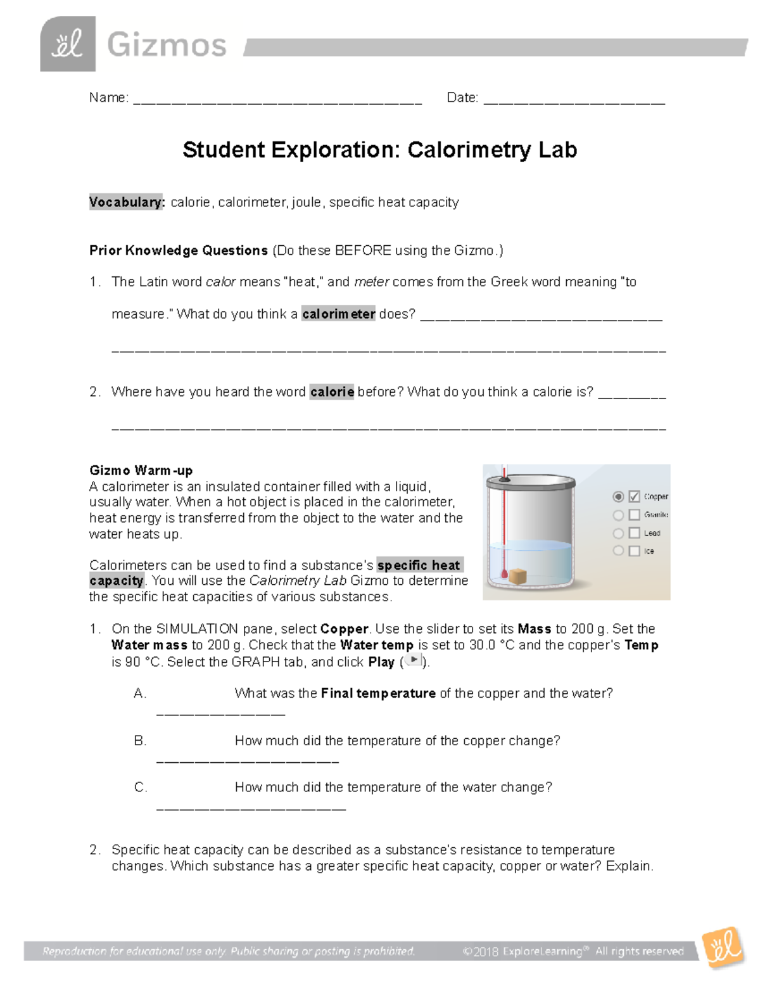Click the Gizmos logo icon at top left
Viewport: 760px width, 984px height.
[68, 44]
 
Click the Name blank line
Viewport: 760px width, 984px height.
[277, 100]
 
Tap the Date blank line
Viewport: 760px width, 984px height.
[574, 100]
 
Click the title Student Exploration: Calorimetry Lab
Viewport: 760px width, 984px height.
[379, 150]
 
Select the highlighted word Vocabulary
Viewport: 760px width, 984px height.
[127, 202]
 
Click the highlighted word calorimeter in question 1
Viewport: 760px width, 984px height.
[338, 314]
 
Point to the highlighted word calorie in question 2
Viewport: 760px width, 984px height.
[332, 392]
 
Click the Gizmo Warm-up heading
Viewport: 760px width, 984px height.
[141, 470]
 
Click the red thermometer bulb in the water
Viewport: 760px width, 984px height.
[504, 575]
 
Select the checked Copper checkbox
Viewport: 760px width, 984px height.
[634, 497]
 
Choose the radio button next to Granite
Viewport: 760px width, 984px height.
[618, 515]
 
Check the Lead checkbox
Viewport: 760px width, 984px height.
[634, 534]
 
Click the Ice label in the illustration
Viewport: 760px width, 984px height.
[649, 551]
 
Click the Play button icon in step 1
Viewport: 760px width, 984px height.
[412, 660]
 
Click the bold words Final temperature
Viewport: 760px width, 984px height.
[378, 693]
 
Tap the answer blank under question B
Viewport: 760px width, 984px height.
[247, 760]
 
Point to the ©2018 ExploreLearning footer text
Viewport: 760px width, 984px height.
[573, 951]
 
